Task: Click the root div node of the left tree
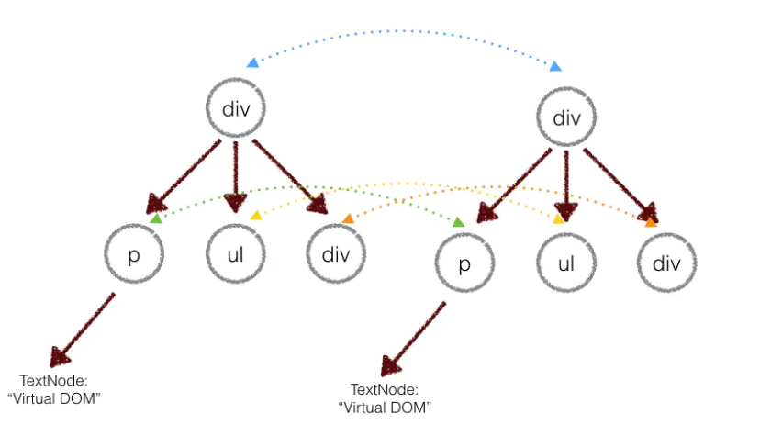236,108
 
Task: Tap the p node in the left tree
132,253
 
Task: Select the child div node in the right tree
668,263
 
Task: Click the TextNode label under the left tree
60,387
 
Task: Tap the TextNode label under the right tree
385,397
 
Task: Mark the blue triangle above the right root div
554,66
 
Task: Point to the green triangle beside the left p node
156,218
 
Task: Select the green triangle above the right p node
458,222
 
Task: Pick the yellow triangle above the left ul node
256,216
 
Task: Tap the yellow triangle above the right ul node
558,218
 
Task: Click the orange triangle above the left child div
348,218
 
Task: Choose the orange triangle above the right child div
650,221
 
